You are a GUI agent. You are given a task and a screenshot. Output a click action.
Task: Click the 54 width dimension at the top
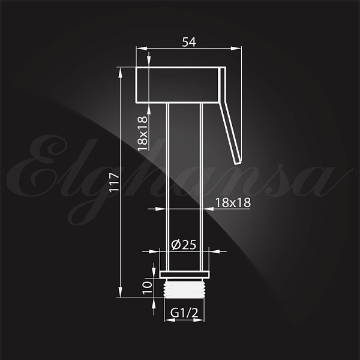point(189,41)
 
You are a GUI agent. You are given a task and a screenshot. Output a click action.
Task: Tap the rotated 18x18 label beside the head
point(143,133)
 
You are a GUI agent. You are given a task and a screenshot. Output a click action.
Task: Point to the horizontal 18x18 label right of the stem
point(232,202)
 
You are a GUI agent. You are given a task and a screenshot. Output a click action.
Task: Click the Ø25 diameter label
point(184,244)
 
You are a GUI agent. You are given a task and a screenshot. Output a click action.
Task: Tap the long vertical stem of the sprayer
point(184,180)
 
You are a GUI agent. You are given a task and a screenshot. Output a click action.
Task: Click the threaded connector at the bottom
point(184,288)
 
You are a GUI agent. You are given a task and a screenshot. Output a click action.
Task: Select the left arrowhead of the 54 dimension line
point(140,50)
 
